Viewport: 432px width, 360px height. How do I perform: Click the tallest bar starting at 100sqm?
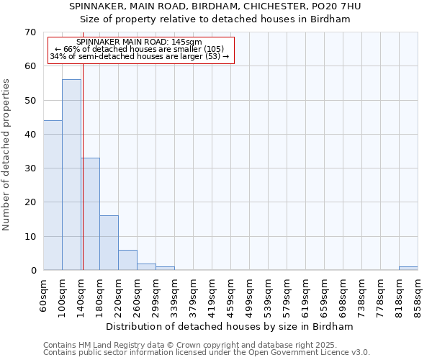pyautogui.click(x=71, y=175)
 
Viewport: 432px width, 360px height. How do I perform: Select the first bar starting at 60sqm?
pyautogui.click(x=53, y=195)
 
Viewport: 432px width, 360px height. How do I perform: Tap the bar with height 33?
pyautogui.click(x=90, y=214)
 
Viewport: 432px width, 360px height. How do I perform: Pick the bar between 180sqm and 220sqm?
pyautogui.click(x=109, y=243)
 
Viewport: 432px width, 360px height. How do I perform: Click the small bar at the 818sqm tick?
pyautogui.click(x=408, y=268)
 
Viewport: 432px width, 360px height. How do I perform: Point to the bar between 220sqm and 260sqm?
pyautogui.click(x=127, y=260)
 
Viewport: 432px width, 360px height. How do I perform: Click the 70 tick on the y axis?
pyautogui.click(x=30, y=32)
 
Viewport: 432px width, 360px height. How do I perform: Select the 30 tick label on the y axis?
pyautogui.click(x=30, y=168)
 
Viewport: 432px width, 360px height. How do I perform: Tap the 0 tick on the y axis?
pyautogui.click(x=33, y=271)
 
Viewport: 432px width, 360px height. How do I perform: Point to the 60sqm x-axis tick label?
pyautogui.click(x=44, y=294)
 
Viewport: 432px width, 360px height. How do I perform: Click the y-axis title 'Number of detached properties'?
pyautogui.click(x=7, y=155)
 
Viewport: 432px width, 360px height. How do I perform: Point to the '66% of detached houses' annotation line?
pyautogui.click(x=140, y=49)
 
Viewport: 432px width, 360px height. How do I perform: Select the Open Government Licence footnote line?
pyautogui.click(x=206, y=353)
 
